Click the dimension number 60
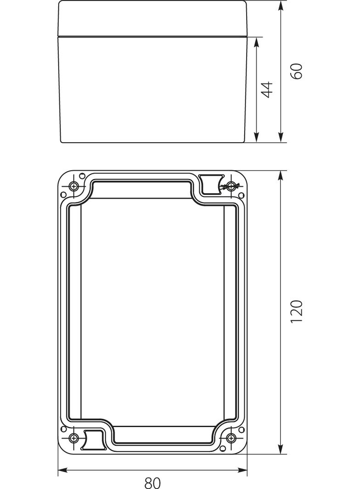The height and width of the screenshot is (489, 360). point(297,71)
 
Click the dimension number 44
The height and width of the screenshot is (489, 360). point(267,89)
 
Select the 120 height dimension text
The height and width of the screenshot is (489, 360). point(297,311)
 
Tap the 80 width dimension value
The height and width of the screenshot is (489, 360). point(152,483)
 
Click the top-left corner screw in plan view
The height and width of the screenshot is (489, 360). point(74,186)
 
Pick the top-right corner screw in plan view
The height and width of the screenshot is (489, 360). point(231,186)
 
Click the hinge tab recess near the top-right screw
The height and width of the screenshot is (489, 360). point(212,184)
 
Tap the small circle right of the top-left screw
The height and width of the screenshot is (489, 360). point(82,176)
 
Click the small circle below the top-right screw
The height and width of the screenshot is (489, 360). point(241,195)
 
